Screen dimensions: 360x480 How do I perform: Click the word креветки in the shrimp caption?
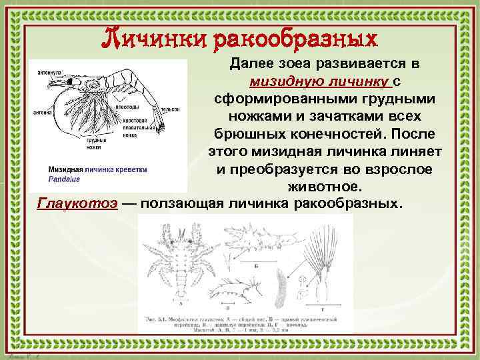(x=139, y=169)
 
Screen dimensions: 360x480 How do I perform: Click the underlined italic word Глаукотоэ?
(x=79, y=203)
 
